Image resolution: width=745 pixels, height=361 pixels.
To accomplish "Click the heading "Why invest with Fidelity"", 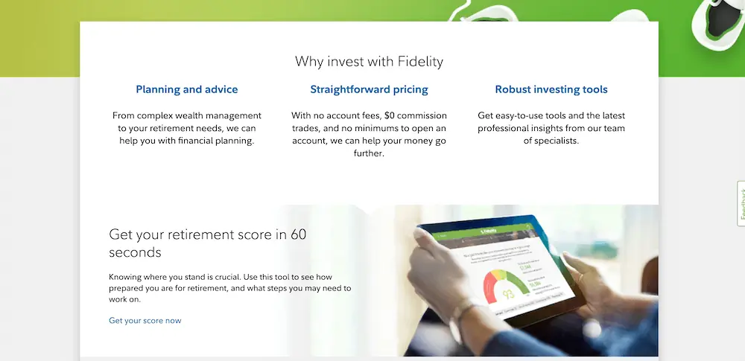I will tap(369, 61).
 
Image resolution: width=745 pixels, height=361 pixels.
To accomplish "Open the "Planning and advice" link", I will tap(186, 89).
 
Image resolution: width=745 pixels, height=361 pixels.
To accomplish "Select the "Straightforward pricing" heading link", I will tap(369, 89).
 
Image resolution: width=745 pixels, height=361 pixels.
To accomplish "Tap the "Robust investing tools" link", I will tap(551, 89).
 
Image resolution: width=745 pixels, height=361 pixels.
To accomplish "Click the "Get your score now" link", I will tap(145, 321).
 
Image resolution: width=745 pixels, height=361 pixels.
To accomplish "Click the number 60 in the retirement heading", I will tap(298, 235).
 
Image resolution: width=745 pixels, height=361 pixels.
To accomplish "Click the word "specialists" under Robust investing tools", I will tap(551, 141).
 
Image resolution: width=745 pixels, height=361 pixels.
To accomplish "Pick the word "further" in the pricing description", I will tap(369, 153).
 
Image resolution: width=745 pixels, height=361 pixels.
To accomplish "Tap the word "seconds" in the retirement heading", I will tap(135, 252).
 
